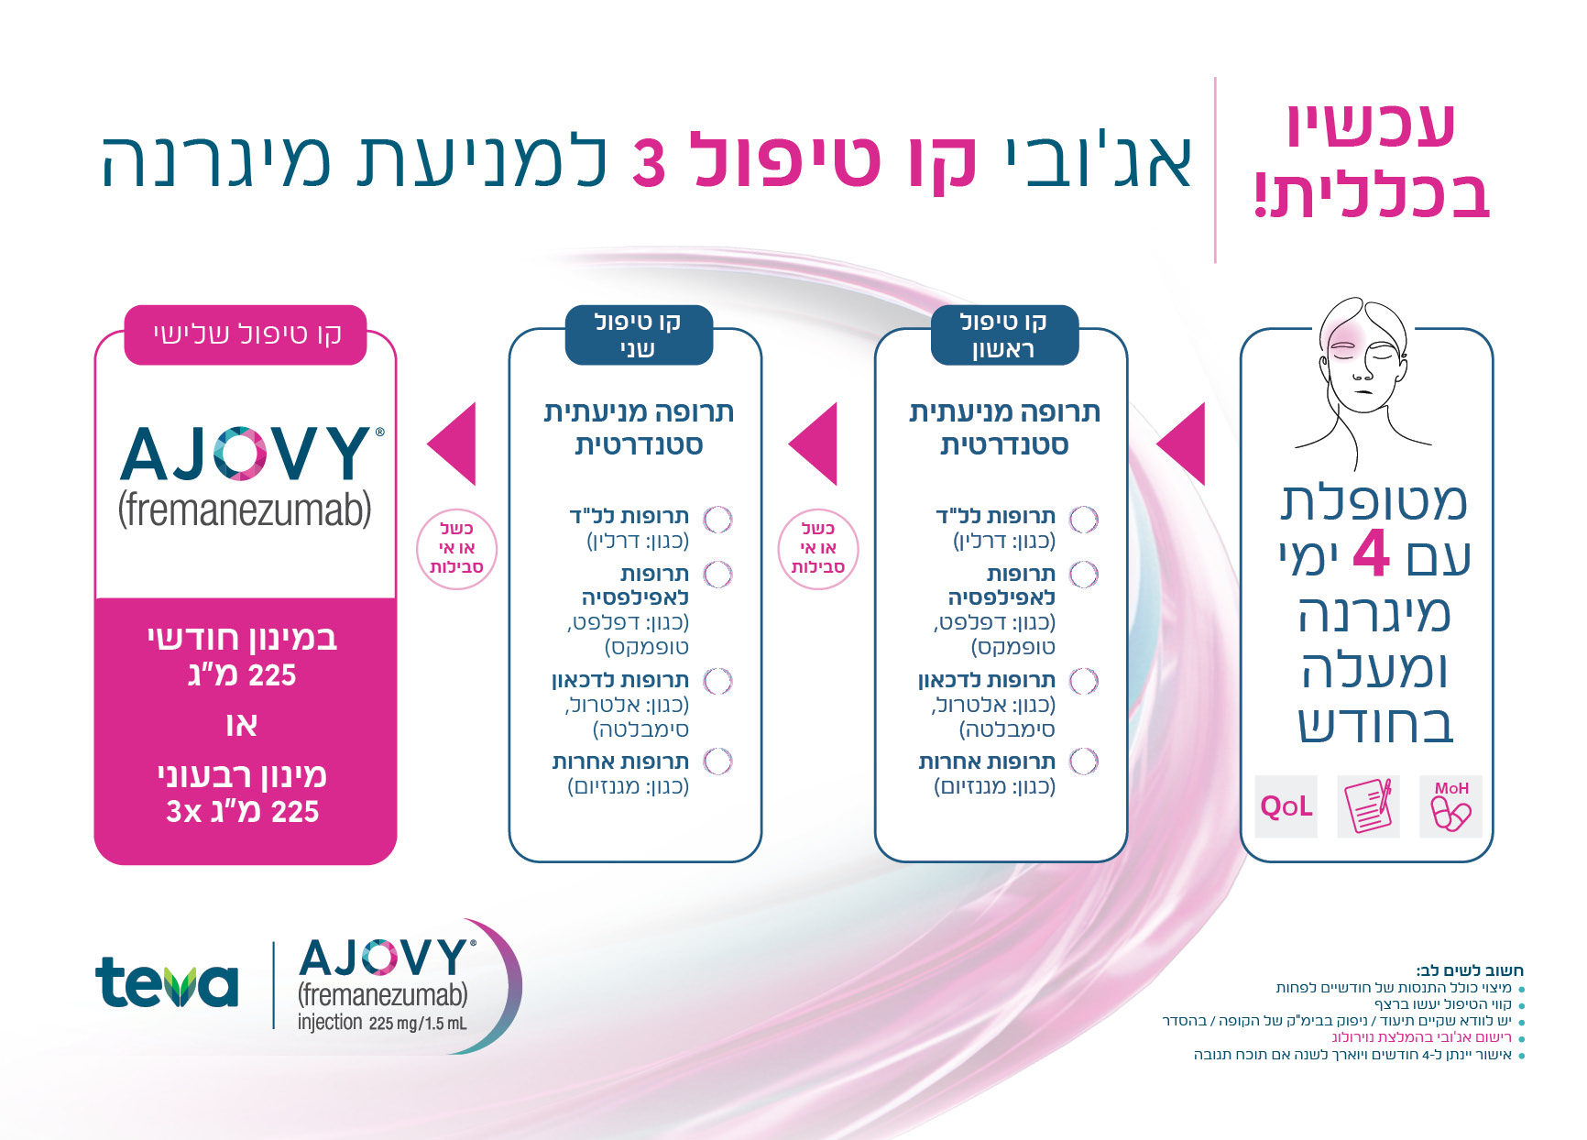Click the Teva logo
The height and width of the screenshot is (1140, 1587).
pos(167,982)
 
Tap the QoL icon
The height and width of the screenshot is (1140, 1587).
pos(1286,806)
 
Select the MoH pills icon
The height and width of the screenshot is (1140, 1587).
pos(1451,806)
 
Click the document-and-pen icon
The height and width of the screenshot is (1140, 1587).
pos(1369,806)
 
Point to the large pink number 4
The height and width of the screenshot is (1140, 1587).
pos(1372,553)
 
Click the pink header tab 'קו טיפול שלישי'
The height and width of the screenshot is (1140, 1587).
pos(246,334)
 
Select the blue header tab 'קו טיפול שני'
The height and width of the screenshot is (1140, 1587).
pos(638,334)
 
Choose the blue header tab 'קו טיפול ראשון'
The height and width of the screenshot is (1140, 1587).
pos(1004,334)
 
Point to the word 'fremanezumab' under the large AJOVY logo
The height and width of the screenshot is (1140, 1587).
pos(245,510)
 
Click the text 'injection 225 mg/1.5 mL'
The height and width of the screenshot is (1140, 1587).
pos(382,1023)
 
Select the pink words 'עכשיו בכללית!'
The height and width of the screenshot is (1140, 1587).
pos(1373,161)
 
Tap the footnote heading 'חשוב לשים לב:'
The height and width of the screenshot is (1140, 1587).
pos(1470,970)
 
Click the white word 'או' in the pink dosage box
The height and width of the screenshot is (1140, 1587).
pos(242,725)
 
